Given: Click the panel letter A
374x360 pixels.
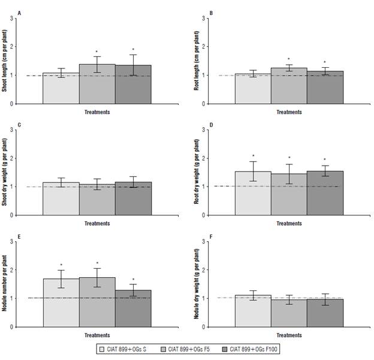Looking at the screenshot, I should pos(19,13).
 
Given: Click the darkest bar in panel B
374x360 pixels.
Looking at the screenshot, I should pos(325,87).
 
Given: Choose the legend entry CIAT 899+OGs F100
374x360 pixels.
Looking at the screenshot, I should pos(252,348).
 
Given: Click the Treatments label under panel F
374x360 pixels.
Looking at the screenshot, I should pos(289,335).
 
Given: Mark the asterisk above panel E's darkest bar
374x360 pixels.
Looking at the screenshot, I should pos(133,279).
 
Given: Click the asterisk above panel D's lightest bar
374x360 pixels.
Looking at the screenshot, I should pos(253,156).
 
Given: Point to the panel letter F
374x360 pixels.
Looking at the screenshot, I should pos(212,236).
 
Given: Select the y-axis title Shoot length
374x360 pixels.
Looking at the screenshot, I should pos(5,61).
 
